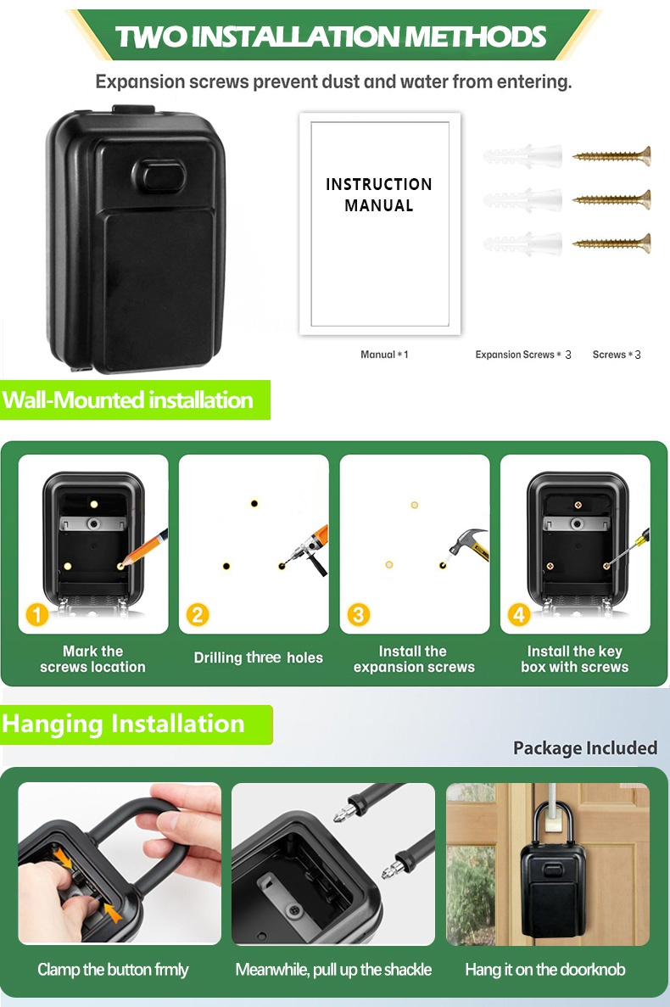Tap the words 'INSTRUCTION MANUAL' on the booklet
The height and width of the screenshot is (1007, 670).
point(378,194)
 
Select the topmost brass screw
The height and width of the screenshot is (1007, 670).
point(611,154)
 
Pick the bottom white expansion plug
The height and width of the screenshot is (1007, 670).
point(522,243)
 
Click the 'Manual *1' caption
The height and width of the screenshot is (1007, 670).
point(384,355)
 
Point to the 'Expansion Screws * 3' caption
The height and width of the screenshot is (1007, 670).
point(523,355)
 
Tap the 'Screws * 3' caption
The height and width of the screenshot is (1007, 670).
point(617,355)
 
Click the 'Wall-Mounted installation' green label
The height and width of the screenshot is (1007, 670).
point(135,400)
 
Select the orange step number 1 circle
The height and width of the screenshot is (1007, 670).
point(37,614)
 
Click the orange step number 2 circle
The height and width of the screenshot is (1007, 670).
point(198,614)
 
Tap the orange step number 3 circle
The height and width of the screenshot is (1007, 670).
point(358,614)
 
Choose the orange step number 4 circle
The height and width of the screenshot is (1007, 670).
point(518,614)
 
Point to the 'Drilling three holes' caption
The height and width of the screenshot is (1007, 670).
point(258,657)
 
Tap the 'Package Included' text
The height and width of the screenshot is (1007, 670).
point(585,748)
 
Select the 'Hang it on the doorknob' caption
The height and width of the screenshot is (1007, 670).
point(544,969)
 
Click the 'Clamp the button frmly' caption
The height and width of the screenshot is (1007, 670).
point(113,969)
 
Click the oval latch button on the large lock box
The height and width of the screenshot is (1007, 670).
point(159,176)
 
